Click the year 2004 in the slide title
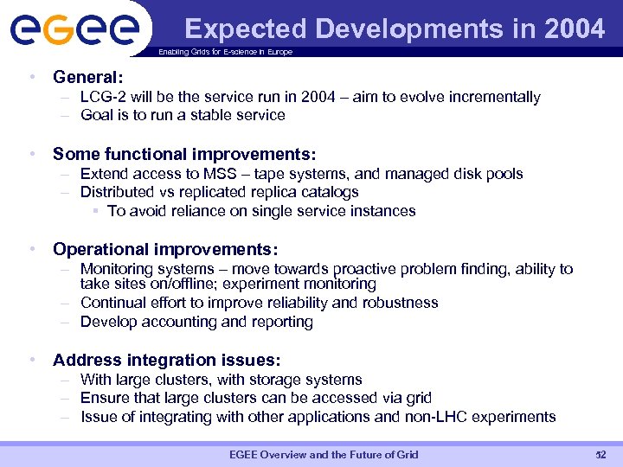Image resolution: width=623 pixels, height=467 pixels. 575,29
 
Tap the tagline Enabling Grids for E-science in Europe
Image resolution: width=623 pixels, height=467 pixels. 225,52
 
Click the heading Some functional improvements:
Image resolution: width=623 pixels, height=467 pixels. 183,154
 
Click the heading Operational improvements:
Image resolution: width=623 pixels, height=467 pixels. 164,249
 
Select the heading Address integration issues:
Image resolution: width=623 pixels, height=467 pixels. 166,360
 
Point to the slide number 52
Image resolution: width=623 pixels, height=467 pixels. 601,455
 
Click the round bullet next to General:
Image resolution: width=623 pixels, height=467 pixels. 31,77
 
